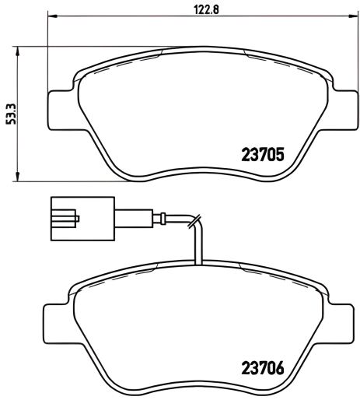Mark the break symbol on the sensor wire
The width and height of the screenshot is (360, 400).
(197, 222)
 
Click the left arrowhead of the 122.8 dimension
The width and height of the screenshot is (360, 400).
(52, 17)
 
